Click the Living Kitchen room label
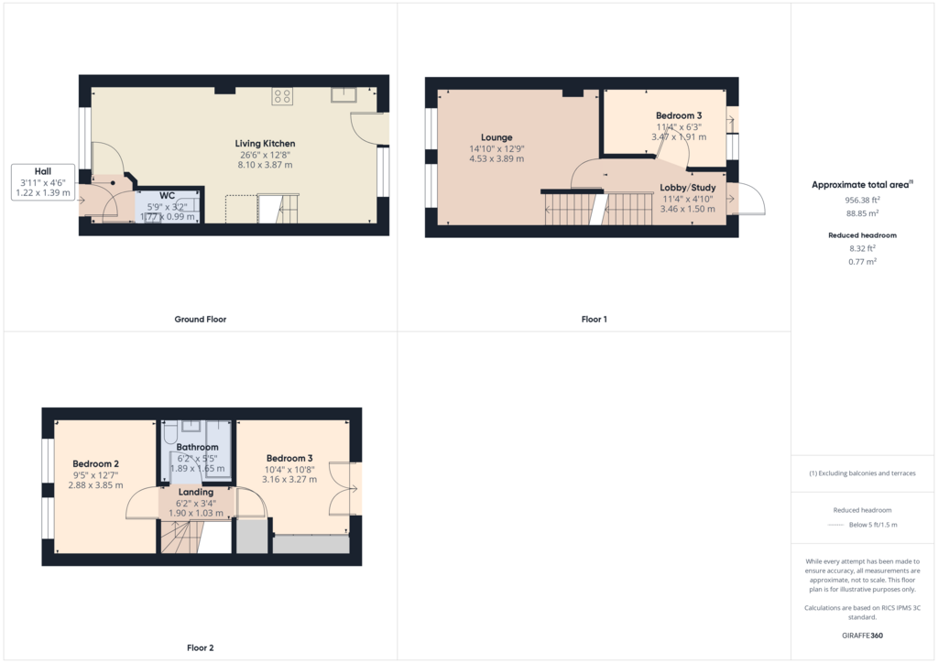pos(265,144)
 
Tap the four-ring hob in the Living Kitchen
pos(282,96)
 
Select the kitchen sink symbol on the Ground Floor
pos(344,95)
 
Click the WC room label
pos(167,195)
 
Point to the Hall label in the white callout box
pos(43,171)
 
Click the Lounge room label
pos(496,137)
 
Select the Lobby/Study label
pos(687,188)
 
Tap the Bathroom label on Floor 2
pos(198,447)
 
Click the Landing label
pos(196,492)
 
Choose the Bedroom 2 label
pos(95,464)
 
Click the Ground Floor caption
pos(201,320)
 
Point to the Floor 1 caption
pos(594,320)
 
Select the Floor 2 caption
pos(201,648)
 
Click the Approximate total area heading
pos(860,185)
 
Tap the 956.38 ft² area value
pos(863,201)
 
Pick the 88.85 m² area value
pos(863,213)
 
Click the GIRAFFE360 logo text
pos(863,636)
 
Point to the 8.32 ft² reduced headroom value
pos(863,249)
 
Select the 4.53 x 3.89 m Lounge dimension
pos(496,159)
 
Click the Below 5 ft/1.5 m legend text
pos(873,525)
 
